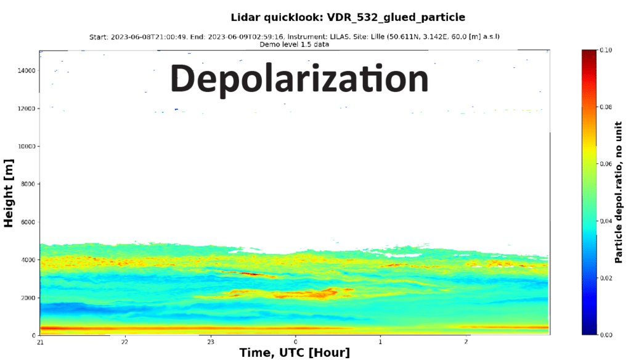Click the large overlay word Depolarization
pyautogui.click(x=299, y=78)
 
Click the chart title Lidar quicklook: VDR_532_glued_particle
pyautogui.click(x=348, y=17)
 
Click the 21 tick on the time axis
pyautogui.click(x=40, y=342)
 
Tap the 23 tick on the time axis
pyautogui.click(x=210, y=342)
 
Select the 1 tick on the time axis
pyautogui.click(x=381, y=342)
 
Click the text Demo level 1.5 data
pyautogui.click(x=295, y=44)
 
